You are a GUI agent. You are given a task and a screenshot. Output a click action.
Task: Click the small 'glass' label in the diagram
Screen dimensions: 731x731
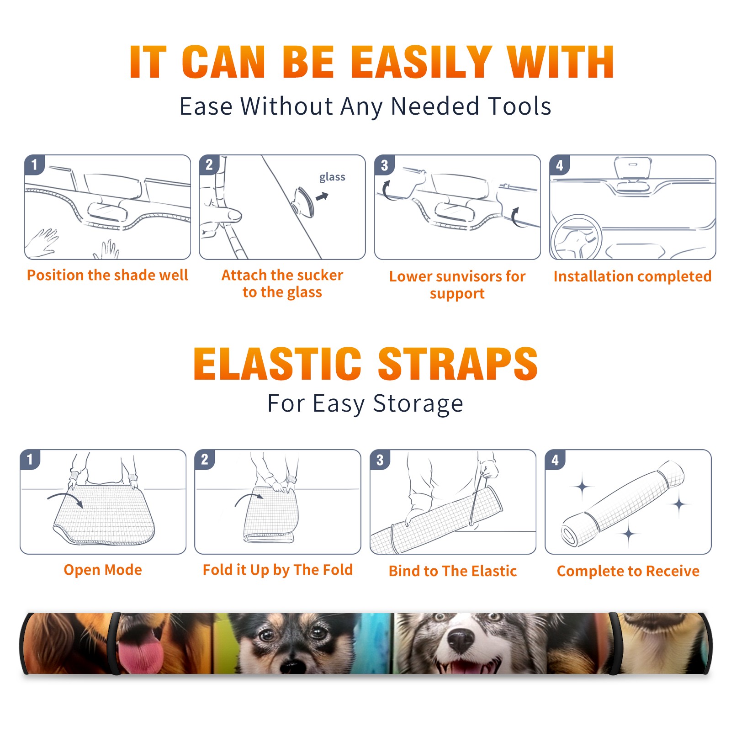pyautogui.click(x=332, y=177)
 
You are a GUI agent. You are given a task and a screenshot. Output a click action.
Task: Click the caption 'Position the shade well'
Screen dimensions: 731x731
pyautogui.click(x=107, y=275)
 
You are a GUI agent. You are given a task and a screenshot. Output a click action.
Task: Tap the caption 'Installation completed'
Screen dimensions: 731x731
pyautogui.click(x=632, y=276)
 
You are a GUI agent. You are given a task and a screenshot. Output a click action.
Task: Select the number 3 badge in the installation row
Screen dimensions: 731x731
pyautogui.click(x=384, y=165)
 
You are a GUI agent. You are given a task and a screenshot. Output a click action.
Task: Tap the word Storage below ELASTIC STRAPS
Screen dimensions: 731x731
pyautogui.click(x=418, y=404)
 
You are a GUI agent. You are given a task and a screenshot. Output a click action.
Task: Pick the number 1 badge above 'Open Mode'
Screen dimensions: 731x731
pyautogui.click(x=30, y=460)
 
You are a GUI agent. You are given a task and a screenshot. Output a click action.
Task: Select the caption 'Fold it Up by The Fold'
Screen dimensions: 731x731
pyautogui.click(x=278, y=570)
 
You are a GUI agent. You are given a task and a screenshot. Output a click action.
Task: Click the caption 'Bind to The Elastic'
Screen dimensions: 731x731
pyautogui.click(x=453, y=571)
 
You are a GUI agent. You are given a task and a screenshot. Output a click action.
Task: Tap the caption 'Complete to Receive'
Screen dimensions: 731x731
pyautogui.click(x=628, y=571)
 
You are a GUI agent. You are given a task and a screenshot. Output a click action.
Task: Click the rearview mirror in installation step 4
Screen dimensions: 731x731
pyautogui.click(x=633, y=169)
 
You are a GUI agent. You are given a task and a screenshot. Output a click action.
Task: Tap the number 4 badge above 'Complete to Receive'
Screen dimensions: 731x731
pyautogui.click(x=555, y=460)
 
